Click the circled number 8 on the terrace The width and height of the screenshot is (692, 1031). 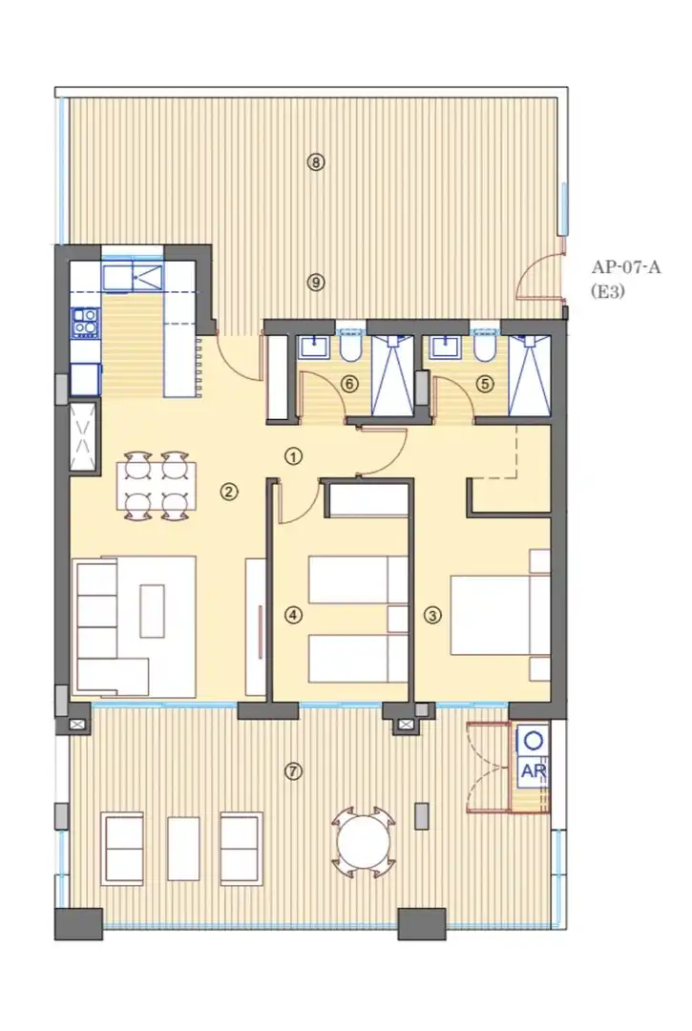pyautogui.click(x=316, y=161)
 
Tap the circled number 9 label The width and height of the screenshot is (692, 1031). pyautogui.click(x=316, y=283)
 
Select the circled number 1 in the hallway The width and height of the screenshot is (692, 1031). pyautogui.click(x=293, y=455)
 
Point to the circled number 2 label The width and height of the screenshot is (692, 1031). pyautogui.click(x=229, y=492)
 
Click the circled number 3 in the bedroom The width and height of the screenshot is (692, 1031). pyautogui.click(x=432, y=616)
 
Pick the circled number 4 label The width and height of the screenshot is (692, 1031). pyautogui.click(x=293, y=615)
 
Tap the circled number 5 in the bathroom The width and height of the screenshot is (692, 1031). pyautogui.click(x=485, y=384)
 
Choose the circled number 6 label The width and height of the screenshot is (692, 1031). pyautogui.click(x=349, y=384)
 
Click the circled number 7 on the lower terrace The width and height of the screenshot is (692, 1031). pyautogui.click(x=293, y=770)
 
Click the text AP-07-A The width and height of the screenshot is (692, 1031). pyautogui.click(x=625, y=267)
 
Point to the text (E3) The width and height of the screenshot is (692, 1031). pyautogui.click(x=607, y=290)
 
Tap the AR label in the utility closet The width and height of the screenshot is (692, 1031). pyautogui.click(x=534, y=770)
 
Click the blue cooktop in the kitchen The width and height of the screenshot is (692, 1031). pyautogui.click(x=86, y=323)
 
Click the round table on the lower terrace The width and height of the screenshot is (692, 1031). pyautogui.click(x=364, y=842)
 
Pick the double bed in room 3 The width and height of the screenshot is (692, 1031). pyautogui.click(x=500, y=615)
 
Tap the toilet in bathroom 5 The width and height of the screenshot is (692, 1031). pyautogui.click(x=485, y=349)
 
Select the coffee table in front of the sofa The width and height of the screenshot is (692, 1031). pyautogui.click(x=152, y=610)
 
